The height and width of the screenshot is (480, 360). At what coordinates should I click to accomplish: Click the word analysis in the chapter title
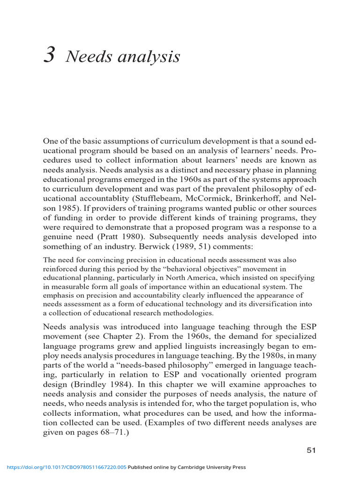tap(151, 57)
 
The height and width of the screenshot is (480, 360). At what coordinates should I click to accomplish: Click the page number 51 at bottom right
tap(311, 450)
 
